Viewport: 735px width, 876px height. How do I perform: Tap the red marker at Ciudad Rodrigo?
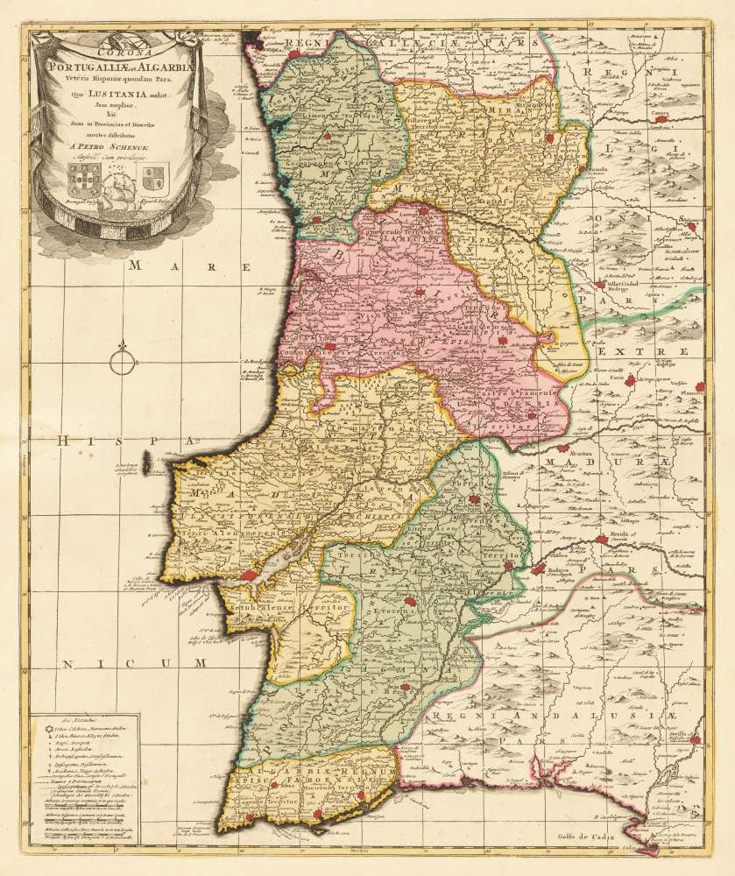coord(599,284)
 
